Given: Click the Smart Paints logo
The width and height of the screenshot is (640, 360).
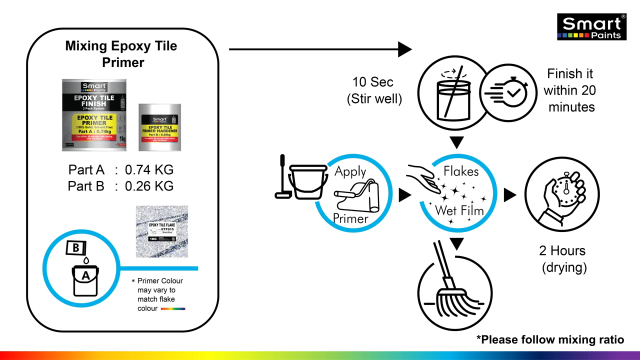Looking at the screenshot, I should tap(591, 27).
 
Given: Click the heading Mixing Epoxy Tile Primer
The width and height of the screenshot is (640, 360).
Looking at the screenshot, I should tap(121, 54).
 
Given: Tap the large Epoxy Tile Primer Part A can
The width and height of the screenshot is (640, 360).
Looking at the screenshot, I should tap(94, 115).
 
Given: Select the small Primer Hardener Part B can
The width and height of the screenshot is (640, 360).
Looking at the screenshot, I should tap(159, 127).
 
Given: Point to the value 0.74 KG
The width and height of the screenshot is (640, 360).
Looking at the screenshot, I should tap(149, 170).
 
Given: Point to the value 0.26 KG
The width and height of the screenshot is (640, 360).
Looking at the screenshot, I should tap(149, 186).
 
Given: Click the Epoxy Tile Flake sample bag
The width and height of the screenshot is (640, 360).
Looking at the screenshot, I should tap(162, 231).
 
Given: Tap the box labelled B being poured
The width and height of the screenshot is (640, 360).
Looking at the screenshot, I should tap(76, 247).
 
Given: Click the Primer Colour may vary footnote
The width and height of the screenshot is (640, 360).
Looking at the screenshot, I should tap(159, 294).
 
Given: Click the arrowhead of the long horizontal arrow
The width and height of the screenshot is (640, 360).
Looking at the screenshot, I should tap(404, 49).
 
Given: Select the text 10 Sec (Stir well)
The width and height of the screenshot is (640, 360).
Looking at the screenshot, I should tap(374, 90).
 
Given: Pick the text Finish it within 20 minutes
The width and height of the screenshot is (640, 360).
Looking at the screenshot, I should tap(570, 90).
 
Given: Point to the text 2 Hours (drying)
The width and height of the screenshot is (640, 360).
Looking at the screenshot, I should tap(563, 259).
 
